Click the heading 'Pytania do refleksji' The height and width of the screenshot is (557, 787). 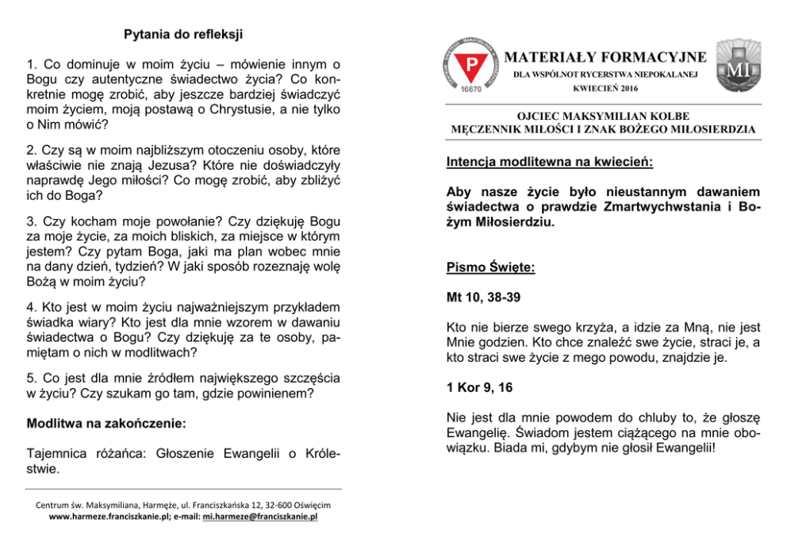183,35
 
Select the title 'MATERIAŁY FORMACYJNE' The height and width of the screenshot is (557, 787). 605,57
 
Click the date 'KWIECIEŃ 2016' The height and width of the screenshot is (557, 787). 605,88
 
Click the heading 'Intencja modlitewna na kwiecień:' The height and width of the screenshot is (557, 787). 550,163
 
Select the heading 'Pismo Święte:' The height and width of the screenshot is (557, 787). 491,268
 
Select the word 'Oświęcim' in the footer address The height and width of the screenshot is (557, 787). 312,505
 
